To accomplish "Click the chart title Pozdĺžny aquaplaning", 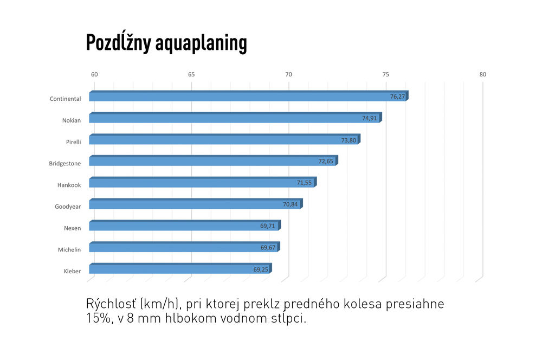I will tap(166, 43).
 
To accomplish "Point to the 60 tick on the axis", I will tap(94, 75).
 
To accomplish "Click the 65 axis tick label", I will tap(191, 75).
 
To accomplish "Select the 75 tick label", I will tap(385, 75).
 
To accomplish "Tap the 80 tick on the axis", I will tap(483, 75).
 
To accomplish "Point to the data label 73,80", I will tap(349, 140).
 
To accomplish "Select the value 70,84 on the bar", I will tap(291, 204).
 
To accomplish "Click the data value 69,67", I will tap(268, 248).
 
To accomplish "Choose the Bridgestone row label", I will tap(65, 164).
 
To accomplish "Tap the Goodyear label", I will tap(68, 207).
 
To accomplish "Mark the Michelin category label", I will tap(69, 250).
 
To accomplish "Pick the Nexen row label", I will tap(72, 228).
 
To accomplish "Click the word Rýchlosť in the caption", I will tap(112, 304).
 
